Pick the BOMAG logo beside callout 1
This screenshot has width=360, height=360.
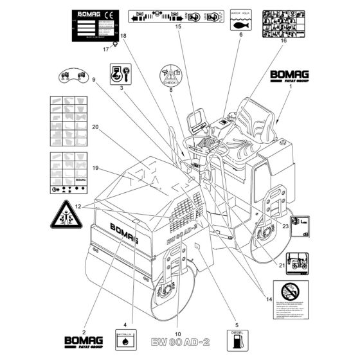point(289,76)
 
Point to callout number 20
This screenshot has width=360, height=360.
point(94,127)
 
